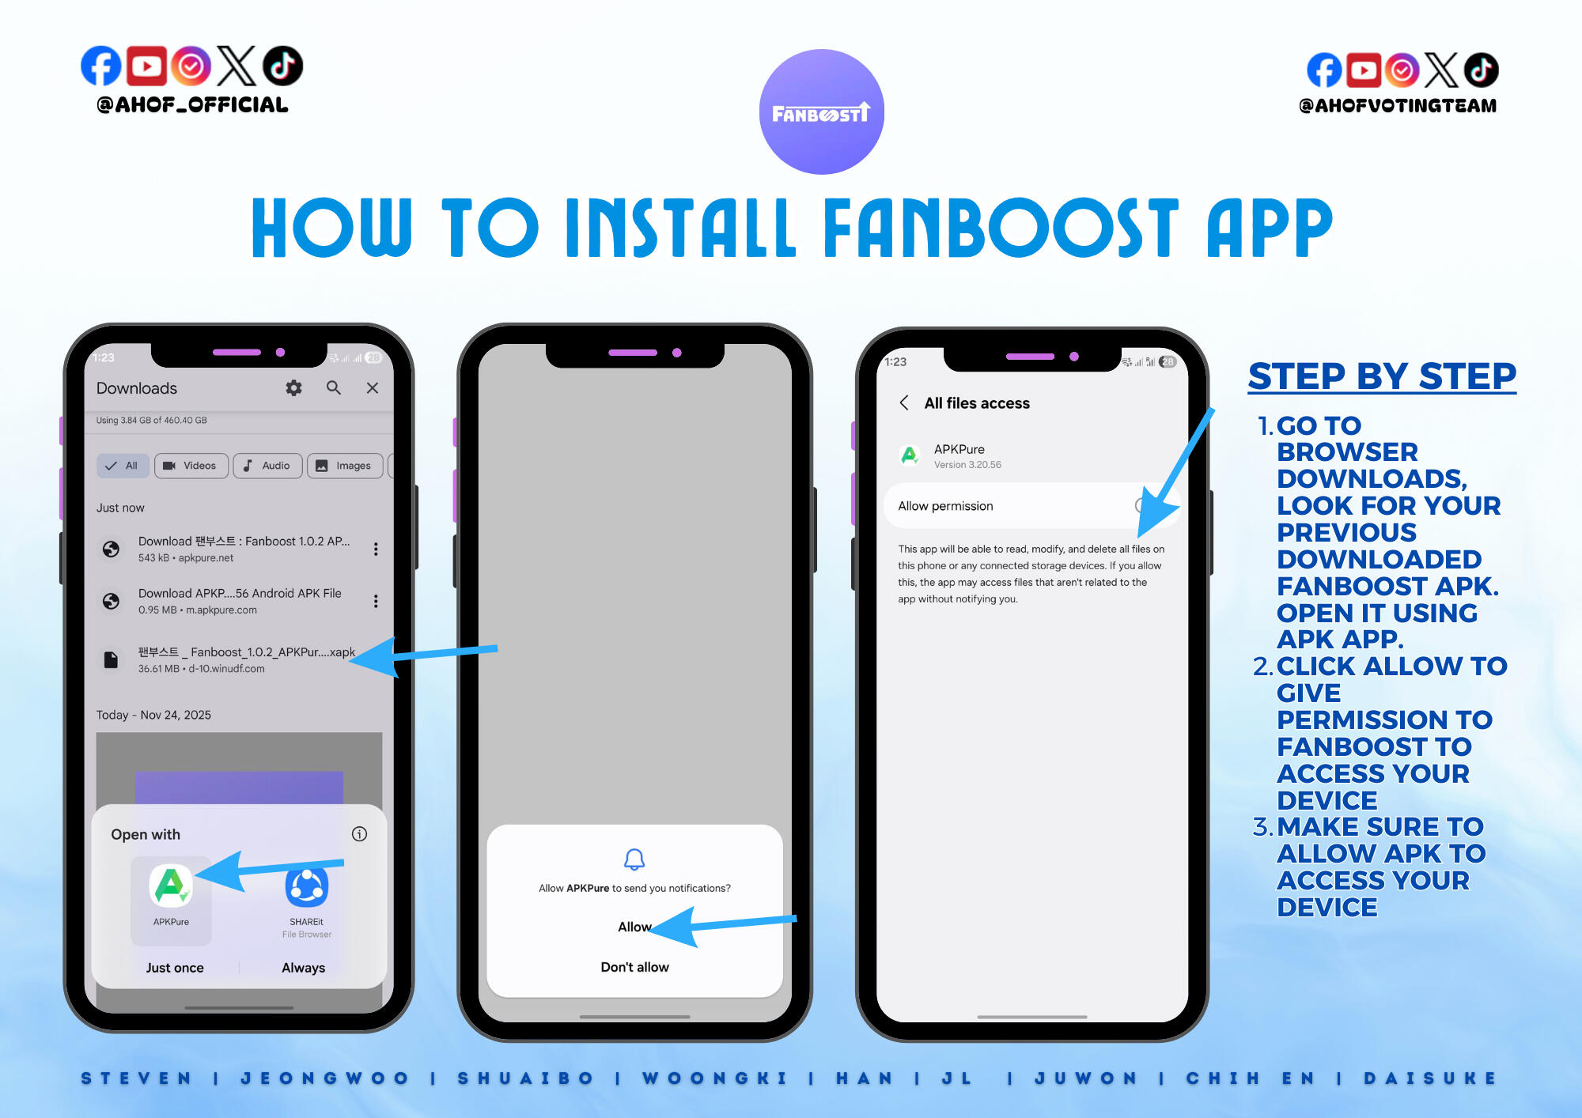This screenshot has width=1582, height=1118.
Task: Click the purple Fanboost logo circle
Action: [821, 111]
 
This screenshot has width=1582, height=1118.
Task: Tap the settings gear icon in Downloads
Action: [293, 388]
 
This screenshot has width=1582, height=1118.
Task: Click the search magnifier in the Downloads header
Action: [334, 387]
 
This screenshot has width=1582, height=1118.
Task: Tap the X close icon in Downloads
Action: [373, 387]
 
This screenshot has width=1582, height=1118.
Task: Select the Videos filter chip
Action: [191, 466]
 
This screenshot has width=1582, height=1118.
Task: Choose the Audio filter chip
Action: [267, 466]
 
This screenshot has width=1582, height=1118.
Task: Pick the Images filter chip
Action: [345, 466]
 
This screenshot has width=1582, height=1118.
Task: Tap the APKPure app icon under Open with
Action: [171, 886]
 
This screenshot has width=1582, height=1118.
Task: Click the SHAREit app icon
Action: [307, 886]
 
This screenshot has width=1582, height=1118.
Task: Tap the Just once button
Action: [175, 968]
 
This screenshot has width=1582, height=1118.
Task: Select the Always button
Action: [304, 968]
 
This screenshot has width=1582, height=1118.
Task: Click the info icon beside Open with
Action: [359, 834]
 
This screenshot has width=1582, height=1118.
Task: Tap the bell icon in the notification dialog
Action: [634, 859]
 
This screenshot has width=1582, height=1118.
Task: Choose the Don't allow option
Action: [634, 967]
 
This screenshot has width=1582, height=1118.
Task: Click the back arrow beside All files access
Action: [904, 402]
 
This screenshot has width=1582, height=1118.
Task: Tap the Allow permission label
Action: [945, 506]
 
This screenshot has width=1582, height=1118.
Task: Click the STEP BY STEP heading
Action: [1382, 376]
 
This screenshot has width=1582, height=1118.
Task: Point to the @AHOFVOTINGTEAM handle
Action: [1398, 106]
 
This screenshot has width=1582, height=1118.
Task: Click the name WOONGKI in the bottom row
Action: [714, 1078]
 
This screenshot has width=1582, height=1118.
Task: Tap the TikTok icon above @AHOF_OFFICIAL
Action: [282, 66]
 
